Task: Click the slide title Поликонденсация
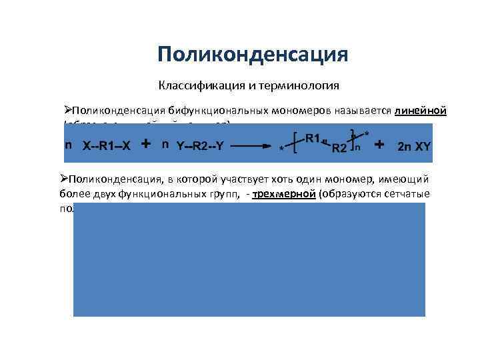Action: pos(253,54)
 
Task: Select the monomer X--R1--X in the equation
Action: pos(108,147)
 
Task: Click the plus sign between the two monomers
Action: pos(145,144)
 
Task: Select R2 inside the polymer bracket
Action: pos(340,148)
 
